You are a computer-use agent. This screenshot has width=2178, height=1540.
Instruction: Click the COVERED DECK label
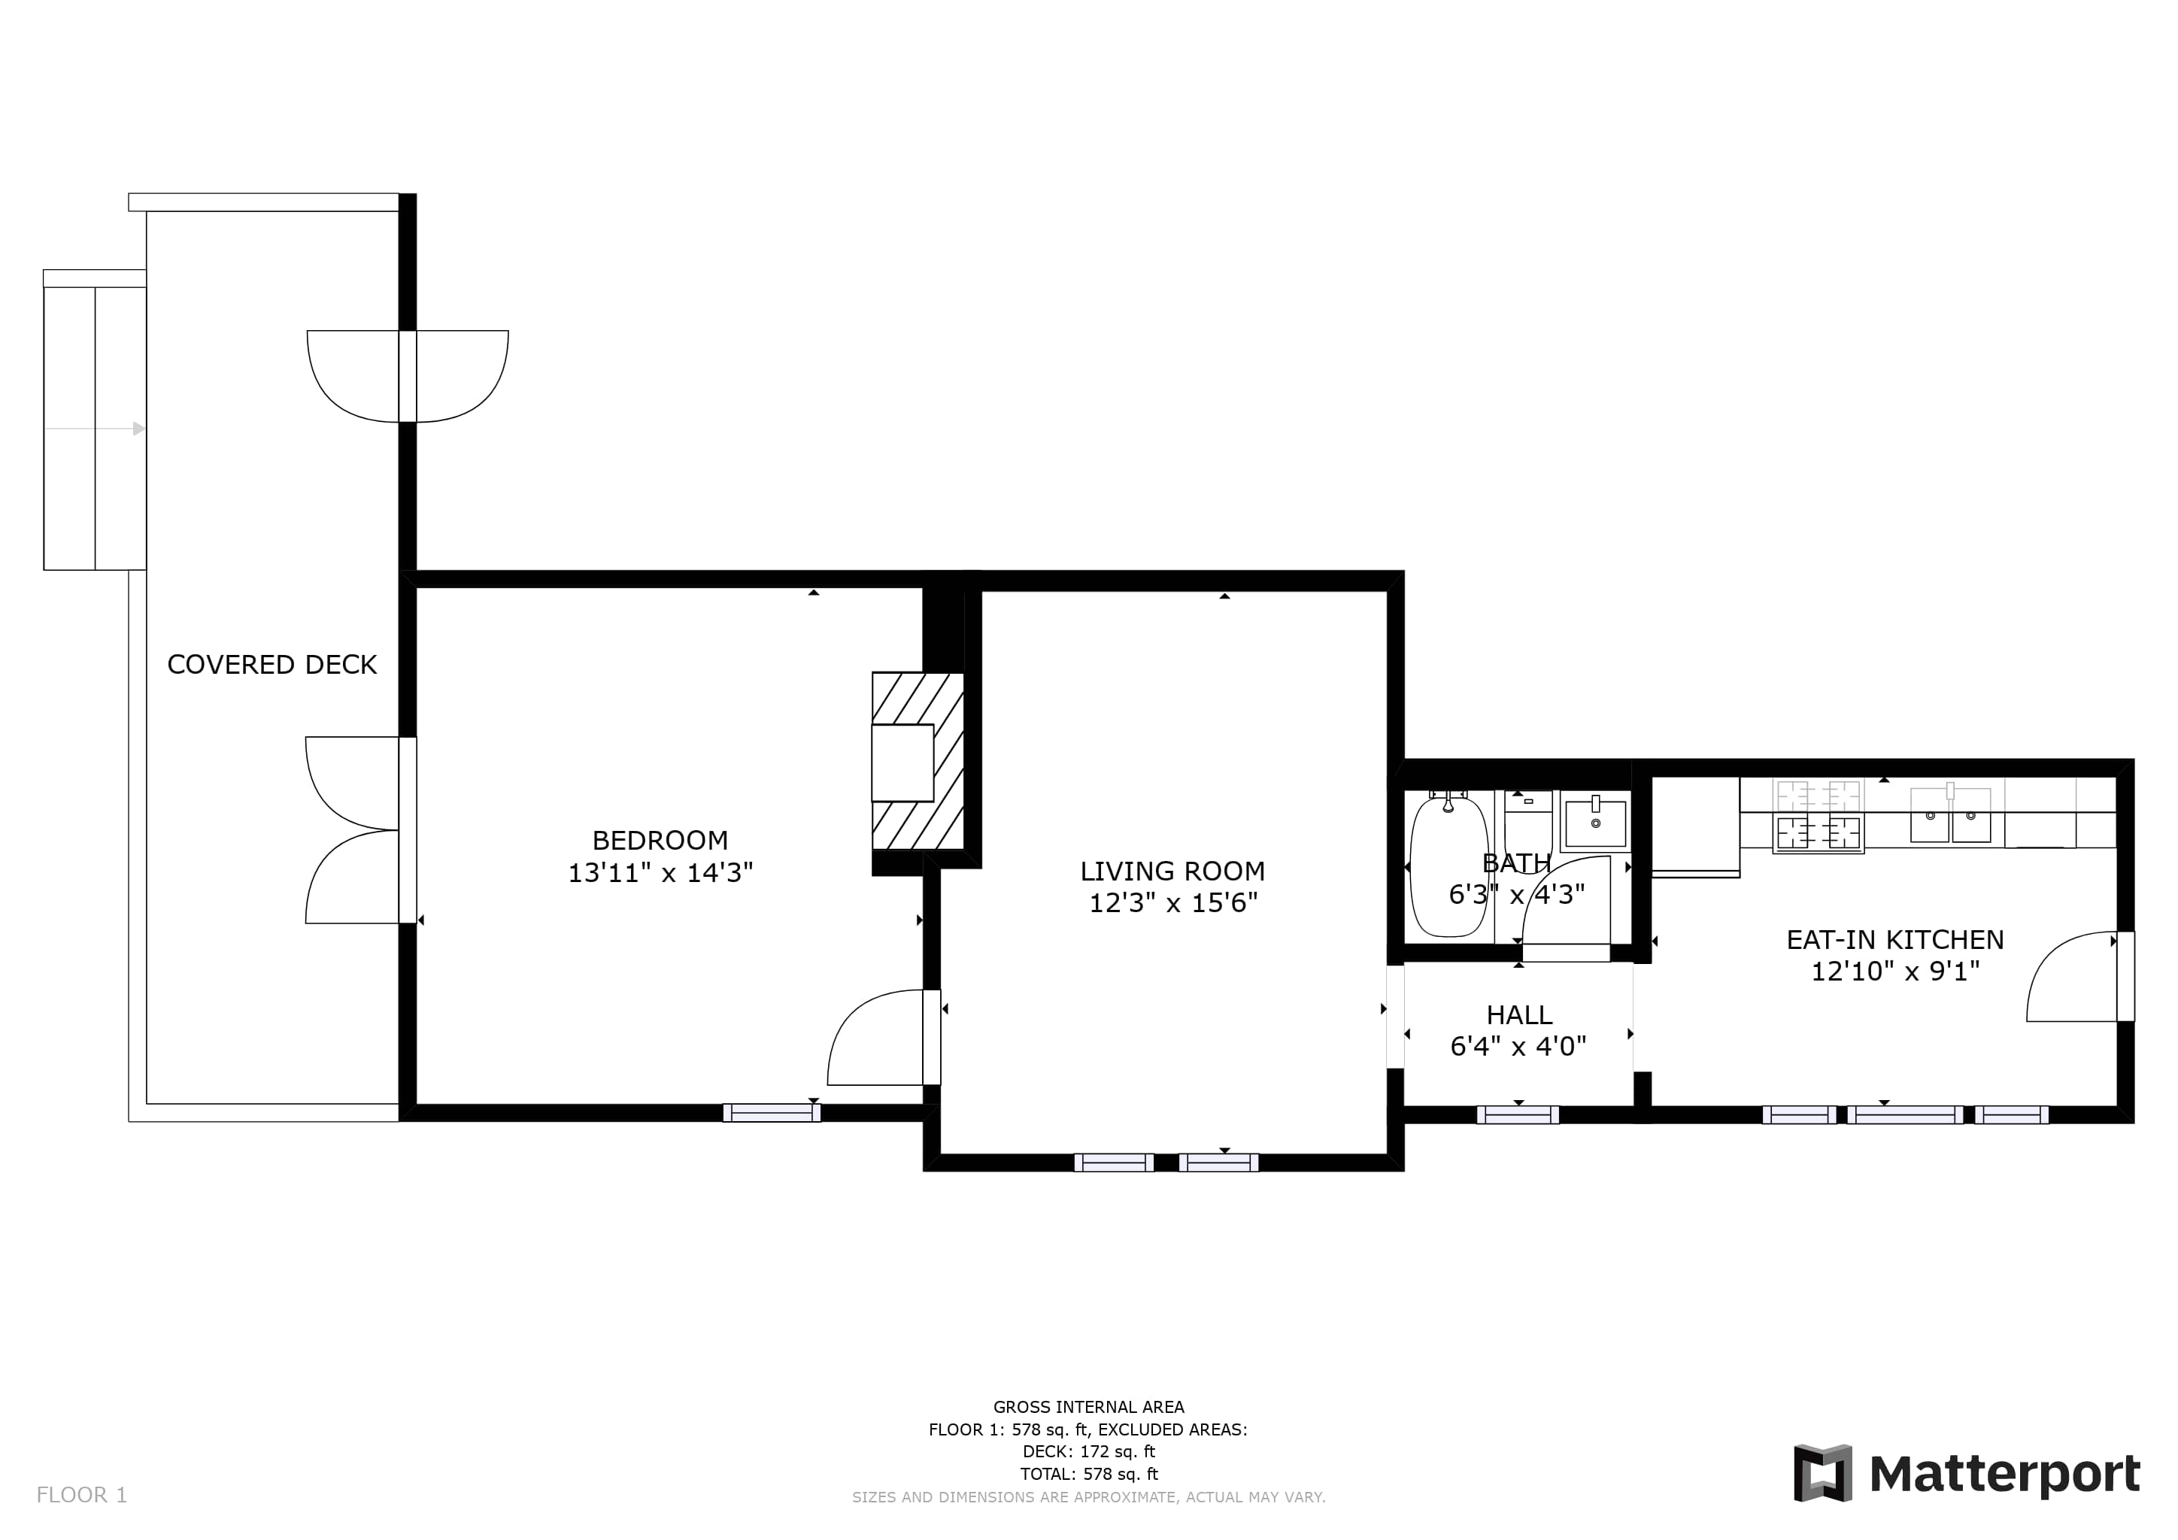[x=272, y=665]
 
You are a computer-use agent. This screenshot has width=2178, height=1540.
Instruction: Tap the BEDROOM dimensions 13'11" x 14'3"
[x=660, y=872]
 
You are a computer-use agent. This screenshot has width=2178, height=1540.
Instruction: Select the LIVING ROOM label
[x=1172, y=872]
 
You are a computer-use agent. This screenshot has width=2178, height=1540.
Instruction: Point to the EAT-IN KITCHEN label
[x=1895, y=940]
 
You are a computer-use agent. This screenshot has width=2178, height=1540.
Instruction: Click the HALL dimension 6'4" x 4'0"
[x=1518, y=1046]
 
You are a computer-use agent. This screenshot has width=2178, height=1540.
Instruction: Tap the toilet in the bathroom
[x=1528, y=821]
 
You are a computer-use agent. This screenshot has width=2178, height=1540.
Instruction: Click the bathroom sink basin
[x=1596, y=822]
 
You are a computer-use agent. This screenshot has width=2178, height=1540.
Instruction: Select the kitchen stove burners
[x=1819, y=816]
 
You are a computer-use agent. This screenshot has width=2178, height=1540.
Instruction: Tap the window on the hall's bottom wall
[x=1518, y=1115]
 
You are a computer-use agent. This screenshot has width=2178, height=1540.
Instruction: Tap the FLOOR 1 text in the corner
[x=81, y=1496]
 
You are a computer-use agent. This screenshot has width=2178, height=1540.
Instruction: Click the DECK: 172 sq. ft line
[x=1089, y=1452]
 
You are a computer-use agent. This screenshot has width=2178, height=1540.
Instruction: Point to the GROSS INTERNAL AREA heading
[x=1089, y=1407]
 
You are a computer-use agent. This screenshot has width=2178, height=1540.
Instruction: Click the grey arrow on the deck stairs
[x=95, y=429]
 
